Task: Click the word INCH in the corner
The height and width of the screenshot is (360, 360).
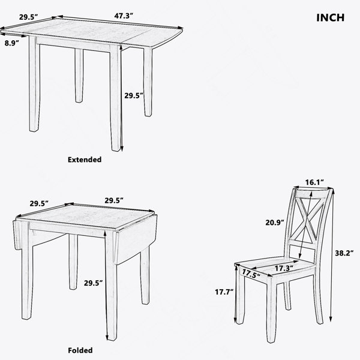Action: [331, 17]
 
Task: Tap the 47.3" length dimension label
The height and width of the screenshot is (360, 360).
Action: [124, 16]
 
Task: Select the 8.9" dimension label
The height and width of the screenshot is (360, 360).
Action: [12, 43]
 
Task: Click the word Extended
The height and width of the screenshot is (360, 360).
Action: [85, 160]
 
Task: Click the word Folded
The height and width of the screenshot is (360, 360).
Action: [80, 350]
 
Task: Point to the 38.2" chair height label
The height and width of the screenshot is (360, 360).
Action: [344, 253]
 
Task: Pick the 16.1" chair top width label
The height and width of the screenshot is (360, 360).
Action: [314, 182]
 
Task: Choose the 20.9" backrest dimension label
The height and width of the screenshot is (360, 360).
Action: [275, 222]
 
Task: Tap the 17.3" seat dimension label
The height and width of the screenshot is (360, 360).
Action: [284, 268]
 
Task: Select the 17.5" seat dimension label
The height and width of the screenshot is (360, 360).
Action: [251, 274]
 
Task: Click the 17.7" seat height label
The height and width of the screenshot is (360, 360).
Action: [224, 292]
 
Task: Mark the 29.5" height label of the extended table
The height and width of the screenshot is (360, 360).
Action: [134, 95]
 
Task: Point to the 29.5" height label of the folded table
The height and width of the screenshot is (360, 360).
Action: [93, 283]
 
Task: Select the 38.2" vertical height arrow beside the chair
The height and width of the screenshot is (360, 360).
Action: [332, 255]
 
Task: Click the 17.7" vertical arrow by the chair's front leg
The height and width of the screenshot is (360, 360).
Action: [236, 294]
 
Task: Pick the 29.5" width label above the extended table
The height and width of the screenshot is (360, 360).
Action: [28, 17]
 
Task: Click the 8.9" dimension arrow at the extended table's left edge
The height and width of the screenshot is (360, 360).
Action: [13, 35]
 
